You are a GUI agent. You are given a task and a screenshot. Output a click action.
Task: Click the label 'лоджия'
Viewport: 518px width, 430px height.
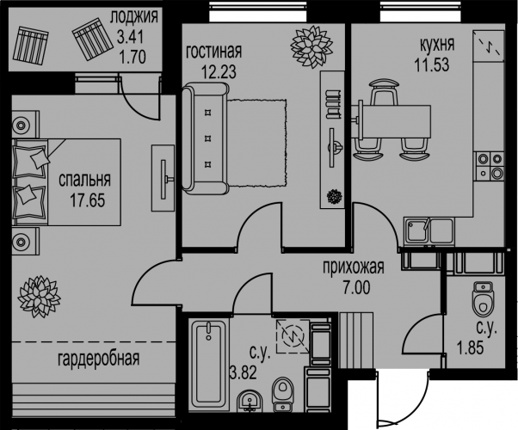134,17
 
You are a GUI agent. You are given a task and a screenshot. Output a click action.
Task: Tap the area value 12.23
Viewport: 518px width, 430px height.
219,71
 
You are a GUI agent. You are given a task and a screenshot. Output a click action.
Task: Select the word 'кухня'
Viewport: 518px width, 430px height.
437,45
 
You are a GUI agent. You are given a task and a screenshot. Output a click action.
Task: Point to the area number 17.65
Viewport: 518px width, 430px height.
88,200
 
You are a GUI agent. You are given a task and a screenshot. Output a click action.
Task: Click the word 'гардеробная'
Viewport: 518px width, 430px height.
99,359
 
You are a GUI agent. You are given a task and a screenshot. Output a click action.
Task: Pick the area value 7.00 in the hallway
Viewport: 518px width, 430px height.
356,287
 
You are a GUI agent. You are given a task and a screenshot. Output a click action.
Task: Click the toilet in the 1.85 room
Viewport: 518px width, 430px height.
483,298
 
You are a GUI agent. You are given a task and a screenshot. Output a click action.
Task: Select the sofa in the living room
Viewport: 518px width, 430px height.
205,138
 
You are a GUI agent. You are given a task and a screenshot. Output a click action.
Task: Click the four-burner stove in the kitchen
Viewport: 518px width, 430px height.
490,166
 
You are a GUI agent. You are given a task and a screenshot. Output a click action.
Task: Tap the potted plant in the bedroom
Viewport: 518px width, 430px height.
39,296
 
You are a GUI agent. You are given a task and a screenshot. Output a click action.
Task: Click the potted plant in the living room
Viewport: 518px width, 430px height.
311,47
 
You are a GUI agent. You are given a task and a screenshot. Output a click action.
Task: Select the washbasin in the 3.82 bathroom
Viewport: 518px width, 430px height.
250,402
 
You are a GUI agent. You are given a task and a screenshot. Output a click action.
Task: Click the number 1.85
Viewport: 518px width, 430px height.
470,348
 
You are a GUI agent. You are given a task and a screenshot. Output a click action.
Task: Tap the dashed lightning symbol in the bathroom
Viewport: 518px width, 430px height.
293,336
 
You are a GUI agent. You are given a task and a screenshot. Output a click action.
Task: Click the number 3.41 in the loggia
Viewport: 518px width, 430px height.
131,37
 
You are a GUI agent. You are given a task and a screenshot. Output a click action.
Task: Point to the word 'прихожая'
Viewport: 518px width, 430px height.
354,267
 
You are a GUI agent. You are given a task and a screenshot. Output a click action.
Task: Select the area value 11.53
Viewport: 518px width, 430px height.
432,64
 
